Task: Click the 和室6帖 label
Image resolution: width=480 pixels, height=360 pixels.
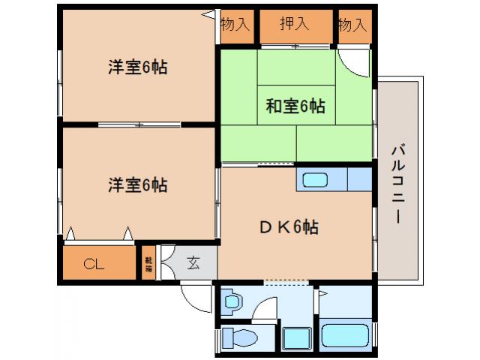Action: pyautogui.click(x=295, y=106)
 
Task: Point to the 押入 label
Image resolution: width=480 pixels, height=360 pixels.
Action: pyautogui.click(x=294, y=24)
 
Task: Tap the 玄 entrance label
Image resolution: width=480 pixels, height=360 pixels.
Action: pyautogui.click(x=193, y=262)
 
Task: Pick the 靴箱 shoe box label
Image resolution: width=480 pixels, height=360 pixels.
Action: pyautogui.click(x=147, y=263)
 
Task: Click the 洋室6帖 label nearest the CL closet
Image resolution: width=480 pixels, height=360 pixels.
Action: pyautogui.click(x=137, y=184)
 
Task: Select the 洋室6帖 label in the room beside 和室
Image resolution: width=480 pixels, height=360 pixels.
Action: pyautogui.click(x=137, y=67)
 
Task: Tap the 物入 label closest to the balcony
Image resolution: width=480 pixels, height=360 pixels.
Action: pyautogui.click(x=352, y=24)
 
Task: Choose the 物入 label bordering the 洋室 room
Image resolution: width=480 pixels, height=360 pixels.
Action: pyautogui.click(x=235, y=24)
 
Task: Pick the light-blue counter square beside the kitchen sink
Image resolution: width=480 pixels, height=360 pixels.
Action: pyautogui.click(x=360, y=180)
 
